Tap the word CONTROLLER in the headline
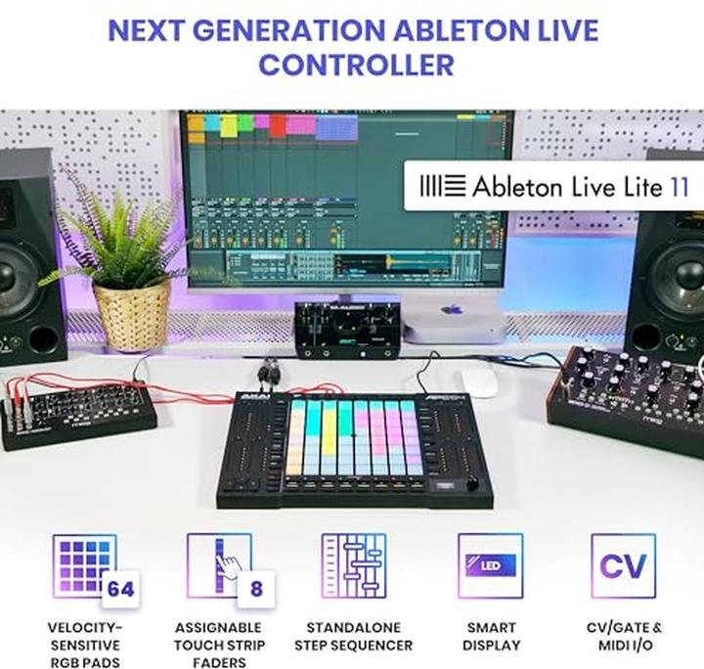click(x=356, y=66)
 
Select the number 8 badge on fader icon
click(x=255, y=589)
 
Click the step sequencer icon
click(x=353, y=565)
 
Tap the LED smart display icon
click(x=490, y=565)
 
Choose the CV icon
click(x=623, y=565)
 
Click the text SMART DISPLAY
click(x=490, y=636)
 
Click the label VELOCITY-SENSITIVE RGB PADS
click(x=85, y=645)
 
